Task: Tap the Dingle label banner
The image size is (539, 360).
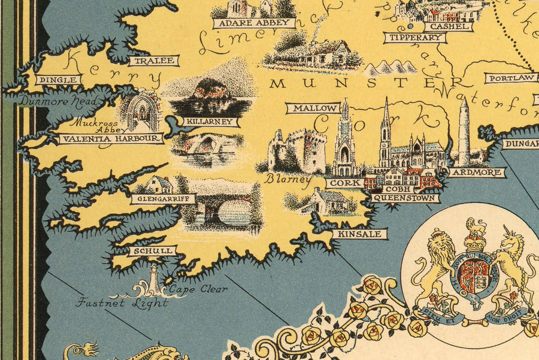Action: (x=57, y=79)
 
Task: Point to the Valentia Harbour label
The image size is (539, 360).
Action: (x=111, y=139)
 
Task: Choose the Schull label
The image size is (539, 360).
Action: (x=144, y=251)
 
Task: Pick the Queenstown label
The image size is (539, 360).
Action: (x=405, y=197)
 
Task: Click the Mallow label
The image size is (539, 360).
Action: (x=313, y=108)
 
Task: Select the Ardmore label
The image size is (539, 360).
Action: (x=477, y=173)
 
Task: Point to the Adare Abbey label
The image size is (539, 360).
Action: (x=255, y=23)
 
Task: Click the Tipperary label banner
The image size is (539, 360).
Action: (x=415, y=38)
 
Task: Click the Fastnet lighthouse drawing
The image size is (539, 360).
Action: (x=155, y=279)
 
